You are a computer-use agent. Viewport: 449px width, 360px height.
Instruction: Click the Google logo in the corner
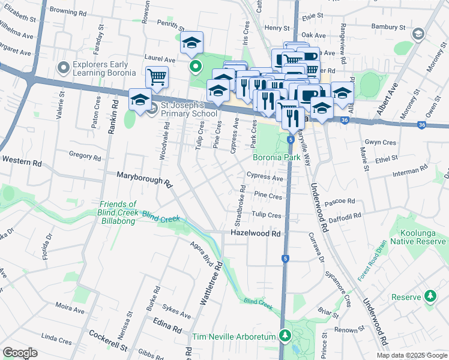click(x=20, y=353)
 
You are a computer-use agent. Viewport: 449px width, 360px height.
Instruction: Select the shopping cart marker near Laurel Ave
click(x=157, y=76)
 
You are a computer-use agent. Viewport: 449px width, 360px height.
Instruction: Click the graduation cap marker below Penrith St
click(x=192, y=43)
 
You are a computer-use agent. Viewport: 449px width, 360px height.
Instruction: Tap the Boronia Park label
click(x=276, y=158)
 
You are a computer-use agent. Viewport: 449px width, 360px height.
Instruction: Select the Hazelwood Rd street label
click(x=256, y=233)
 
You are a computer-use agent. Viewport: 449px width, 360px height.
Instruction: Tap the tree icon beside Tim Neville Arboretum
click(x=286, y=337)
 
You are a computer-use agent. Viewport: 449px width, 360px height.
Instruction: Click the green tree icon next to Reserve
click(x=430, y=297)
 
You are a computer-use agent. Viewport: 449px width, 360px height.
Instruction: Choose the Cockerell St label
click(x=108, y=340)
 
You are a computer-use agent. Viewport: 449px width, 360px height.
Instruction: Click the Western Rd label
click(x=22, y=161)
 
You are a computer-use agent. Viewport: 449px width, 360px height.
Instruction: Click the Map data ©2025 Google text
click(x=411, y=355)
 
